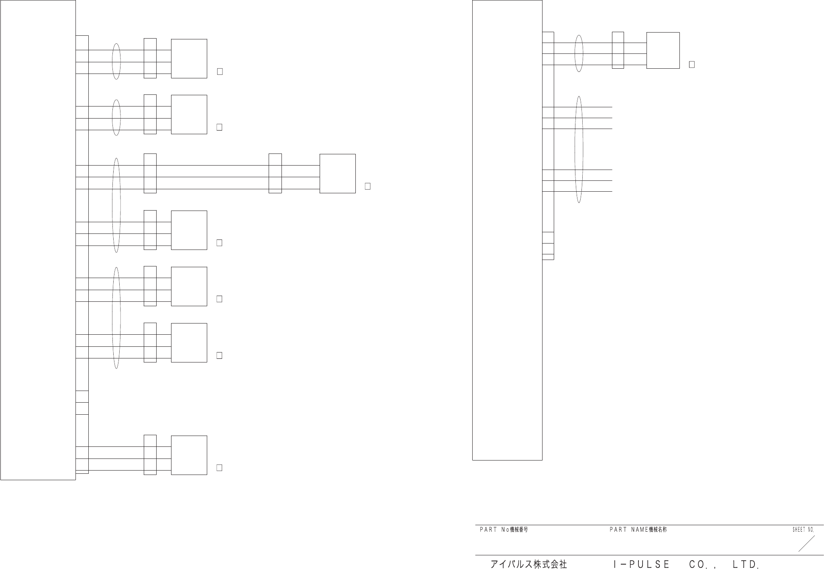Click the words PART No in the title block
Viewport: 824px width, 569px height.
[494, 530]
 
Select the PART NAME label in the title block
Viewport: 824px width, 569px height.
[629, 530]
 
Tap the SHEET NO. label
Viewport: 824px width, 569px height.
[803, 530]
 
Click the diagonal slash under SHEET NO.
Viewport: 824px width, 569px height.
[806, 544]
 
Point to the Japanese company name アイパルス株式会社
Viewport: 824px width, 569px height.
[528, 564]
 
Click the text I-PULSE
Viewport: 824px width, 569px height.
[641, 564]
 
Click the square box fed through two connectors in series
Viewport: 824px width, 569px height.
[337, 174]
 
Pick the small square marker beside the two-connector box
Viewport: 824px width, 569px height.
[367, 186]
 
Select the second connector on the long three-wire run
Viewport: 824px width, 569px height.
[275, 173]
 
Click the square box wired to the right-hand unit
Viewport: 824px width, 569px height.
[663, 51]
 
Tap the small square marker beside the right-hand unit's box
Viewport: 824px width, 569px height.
[692, 64]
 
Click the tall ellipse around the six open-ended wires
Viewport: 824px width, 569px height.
[579, 149]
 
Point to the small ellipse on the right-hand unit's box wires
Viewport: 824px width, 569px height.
[579, 53]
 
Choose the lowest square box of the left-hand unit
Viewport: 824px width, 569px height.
[189, 455]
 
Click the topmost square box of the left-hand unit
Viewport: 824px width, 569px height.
[189, 59]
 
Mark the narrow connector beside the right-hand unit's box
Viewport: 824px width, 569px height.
[618, 50]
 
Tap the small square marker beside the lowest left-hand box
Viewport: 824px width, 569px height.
[219, 468]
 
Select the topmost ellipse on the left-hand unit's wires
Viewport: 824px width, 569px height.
[116, 61]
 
